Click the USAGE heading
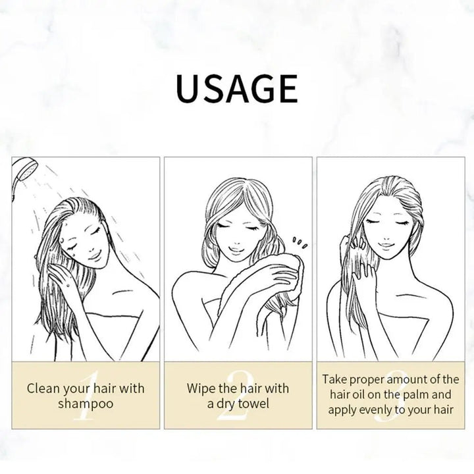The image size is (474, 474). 237,88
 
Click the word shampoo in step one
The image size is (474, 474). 86,404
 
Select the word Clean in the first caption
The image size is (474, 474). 43,388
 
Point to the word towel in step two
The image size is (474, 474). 253,404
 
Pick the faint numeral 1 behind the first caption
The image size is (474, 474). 86,396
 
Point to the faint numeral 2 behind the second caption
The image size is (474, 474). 236,396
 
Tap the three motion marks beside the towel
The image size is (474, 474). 300,242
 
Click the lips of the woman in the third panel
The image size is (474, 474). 386,244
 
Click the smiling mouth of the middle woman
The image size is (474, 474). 235,250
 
